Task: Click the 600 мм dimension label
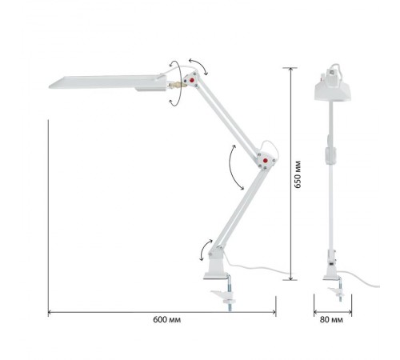tap(166, 319)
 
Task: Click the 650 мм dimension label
tap(298, 174)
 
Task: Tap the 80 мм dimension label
tap(331, 319)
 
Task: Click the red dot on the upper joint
tap(192, 80)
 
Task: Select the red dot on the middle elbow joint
tap(265, 161)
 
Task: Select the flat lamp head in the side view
tap(108, 82)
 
